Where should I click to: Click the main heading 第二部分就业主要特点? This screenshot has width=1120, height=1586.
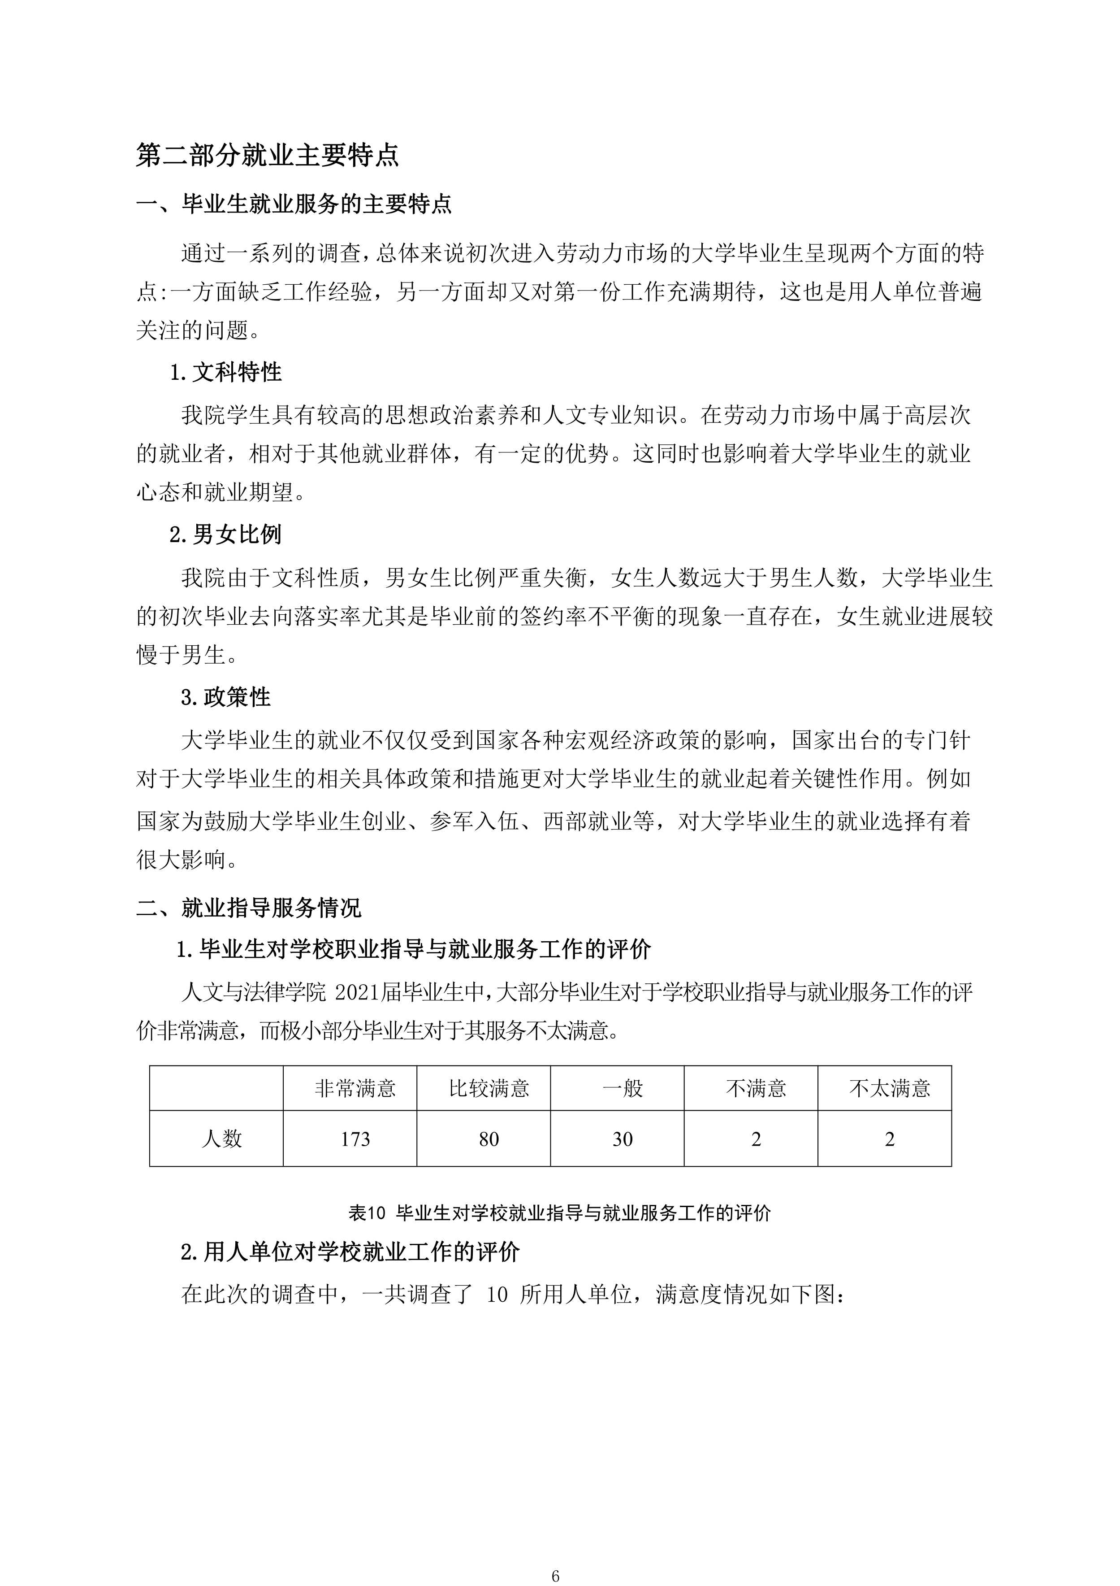[x=267, y=156]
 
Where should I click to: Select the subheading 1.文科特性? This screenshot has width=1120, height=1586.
[x=226, y=373]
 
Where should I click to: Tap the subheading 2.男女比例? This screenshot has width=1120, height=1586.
[x=226, y=534]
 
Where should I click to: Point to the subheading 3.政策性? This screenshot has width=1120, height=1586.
[x=226, y=697]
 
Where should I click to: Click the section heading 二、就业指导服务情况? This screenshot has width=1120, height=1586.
[x=249, y=907]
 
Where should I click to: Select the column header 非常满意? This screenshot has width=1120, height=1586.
[x=355, y=1089]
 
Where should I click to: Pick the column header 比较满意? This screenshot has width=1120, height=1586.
[x=489, y=1089]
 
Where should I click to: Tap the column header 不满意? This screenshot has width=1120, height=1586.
[x=756, y=1089]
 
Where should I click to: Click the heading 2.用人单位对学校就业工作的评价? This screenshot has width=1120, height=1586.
[x=350, y=1251]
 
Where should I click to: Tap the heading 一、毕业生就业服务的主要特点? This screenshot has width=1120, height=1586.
[x=294, y=204]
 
